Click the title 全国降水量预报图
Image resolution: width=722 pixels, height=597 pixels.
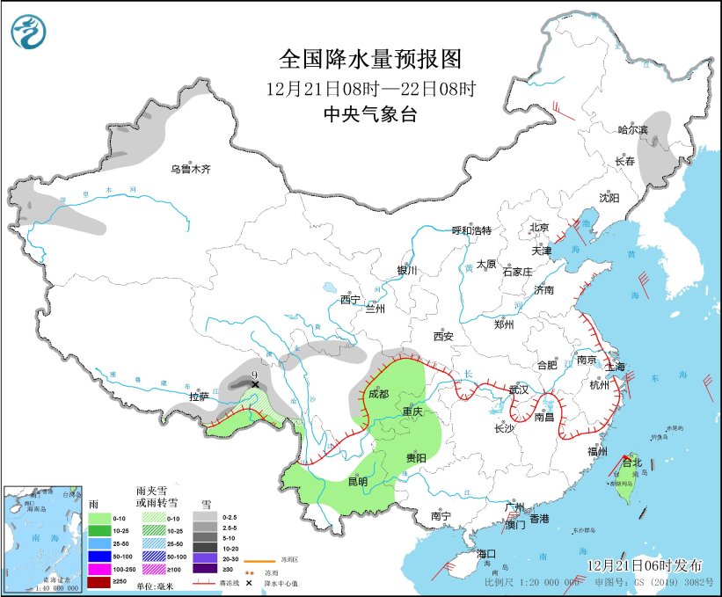point(369,59)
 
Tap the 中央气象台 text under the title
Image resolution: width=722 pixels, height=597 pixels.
point(369,113)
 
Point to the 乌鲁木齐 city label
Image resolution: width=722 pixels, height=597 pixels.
point(191,169)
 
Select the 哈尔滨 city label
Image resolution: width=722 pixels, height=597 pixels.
point(631,129)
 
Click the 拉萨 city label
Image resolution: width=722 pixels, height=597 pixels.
point(199,397)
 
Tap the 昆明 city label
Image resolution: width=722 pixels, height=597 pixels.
point(357,481)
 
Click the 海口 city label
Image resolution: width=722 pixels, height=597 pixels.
point(487,554)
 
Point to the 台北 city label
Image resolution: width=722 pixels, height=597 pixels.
point(631,462)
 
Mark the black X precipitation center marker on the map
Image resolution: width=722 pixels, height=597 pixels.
point(255,384)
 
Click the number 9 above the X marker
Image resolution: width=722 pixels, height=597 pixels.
point(254,373)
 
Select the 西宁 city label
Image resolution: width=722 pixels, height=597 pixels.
point(350,300)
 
